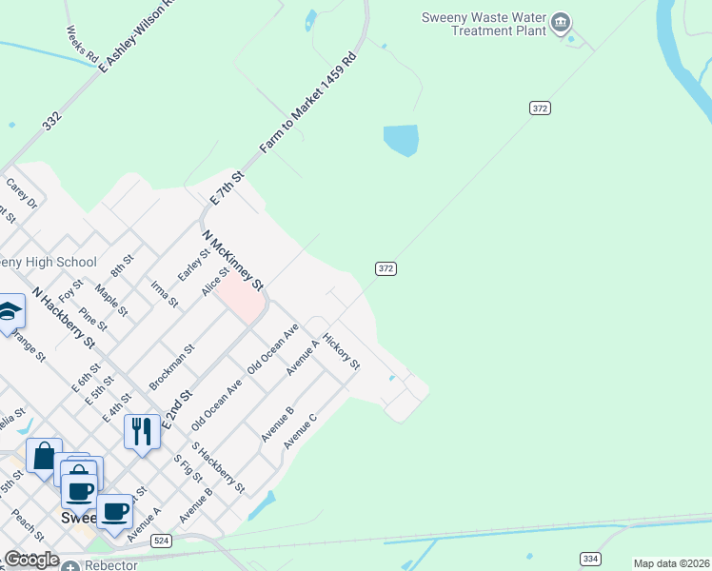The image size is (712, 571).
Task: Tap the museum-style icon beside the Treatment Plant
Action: coord(561,21)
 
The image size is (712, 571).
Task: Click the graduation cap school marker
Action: coord(10,312)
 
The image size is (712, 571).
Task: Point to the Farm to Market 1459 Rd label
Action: coord(308,104)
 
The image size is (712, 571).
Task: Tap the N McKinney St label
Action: coord(231,260)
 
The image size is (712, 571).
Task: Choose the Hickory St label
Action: coord(341,351)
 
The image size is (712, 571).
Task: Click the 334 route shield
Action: coord(590,559)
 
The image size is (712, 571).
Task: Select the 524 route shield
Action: coord(162,541)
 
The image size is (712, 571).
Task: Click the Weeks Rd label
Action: coord(83,44)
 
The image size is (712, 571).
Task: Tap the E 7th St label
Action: coord(227,188)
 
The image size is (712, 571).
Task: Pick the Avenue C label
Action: coord(299,431)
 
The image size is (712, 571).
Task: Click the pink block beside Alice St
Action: coord(241,301)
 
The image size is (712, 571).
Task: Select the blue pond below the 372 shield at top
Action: coord(401,140)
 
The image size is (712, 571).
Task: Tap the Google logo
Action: coord(31,560)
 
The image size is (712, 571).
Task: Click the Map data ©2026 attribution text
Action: coord(671,563)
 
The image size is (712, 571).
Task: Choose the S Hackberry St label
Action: coord(218,466)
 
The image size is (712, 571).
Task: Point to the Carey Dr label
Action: coord(21,194)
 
